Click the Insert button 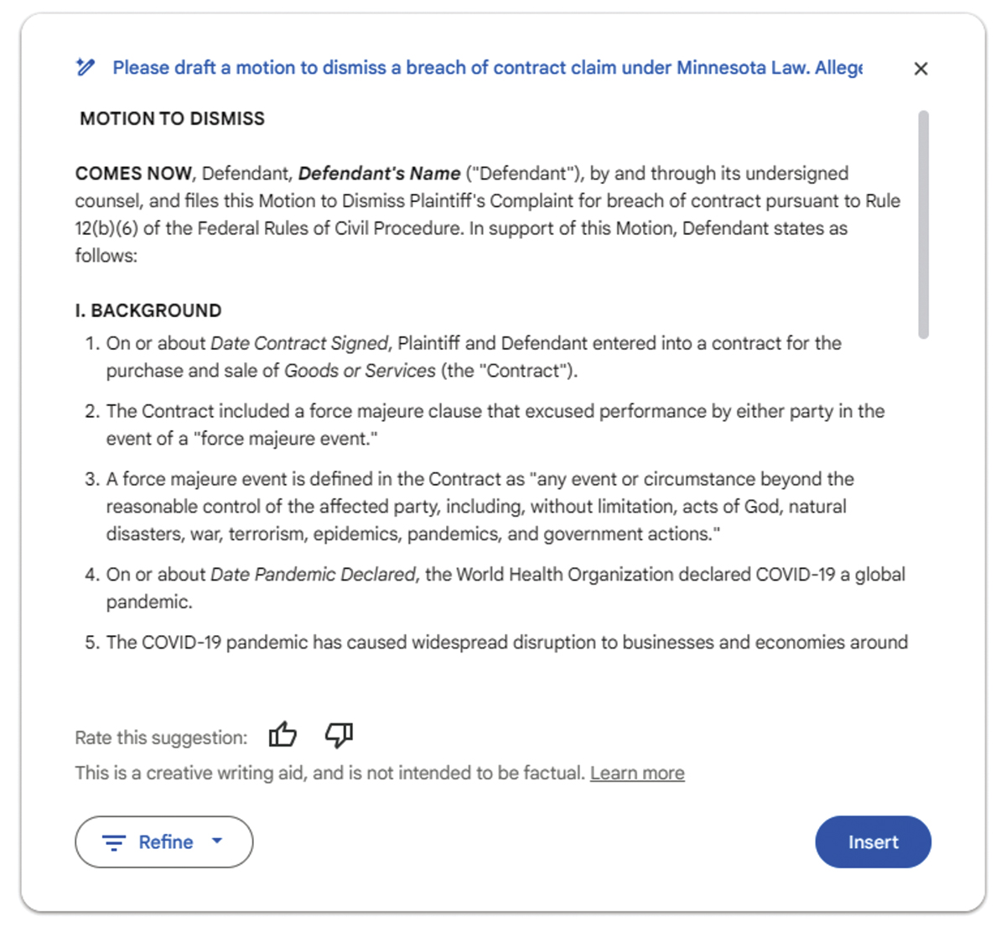pos(873,842)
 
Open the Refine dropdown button pos(163,842)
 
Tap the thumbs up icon pos(283,735)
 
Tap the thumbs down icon pos(339,735)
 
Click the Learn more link pos(637,773)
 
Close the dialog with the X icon pos(920,69)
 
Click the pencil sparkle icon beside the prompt pos(85,67)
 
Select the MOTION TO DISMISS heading pos(172,119)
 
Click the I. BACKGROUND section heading pos(148,310)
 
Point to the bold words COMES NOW pos(133,174)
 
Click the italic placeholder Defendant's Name pos(379,174)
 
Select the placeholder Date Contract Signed pos(299,343)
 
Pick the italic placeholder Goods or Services pos(360,371)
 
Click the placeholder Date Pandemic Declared pos(313,575)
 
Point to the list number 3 pos(91,479)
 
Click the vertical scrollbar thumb pos(923,224)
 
